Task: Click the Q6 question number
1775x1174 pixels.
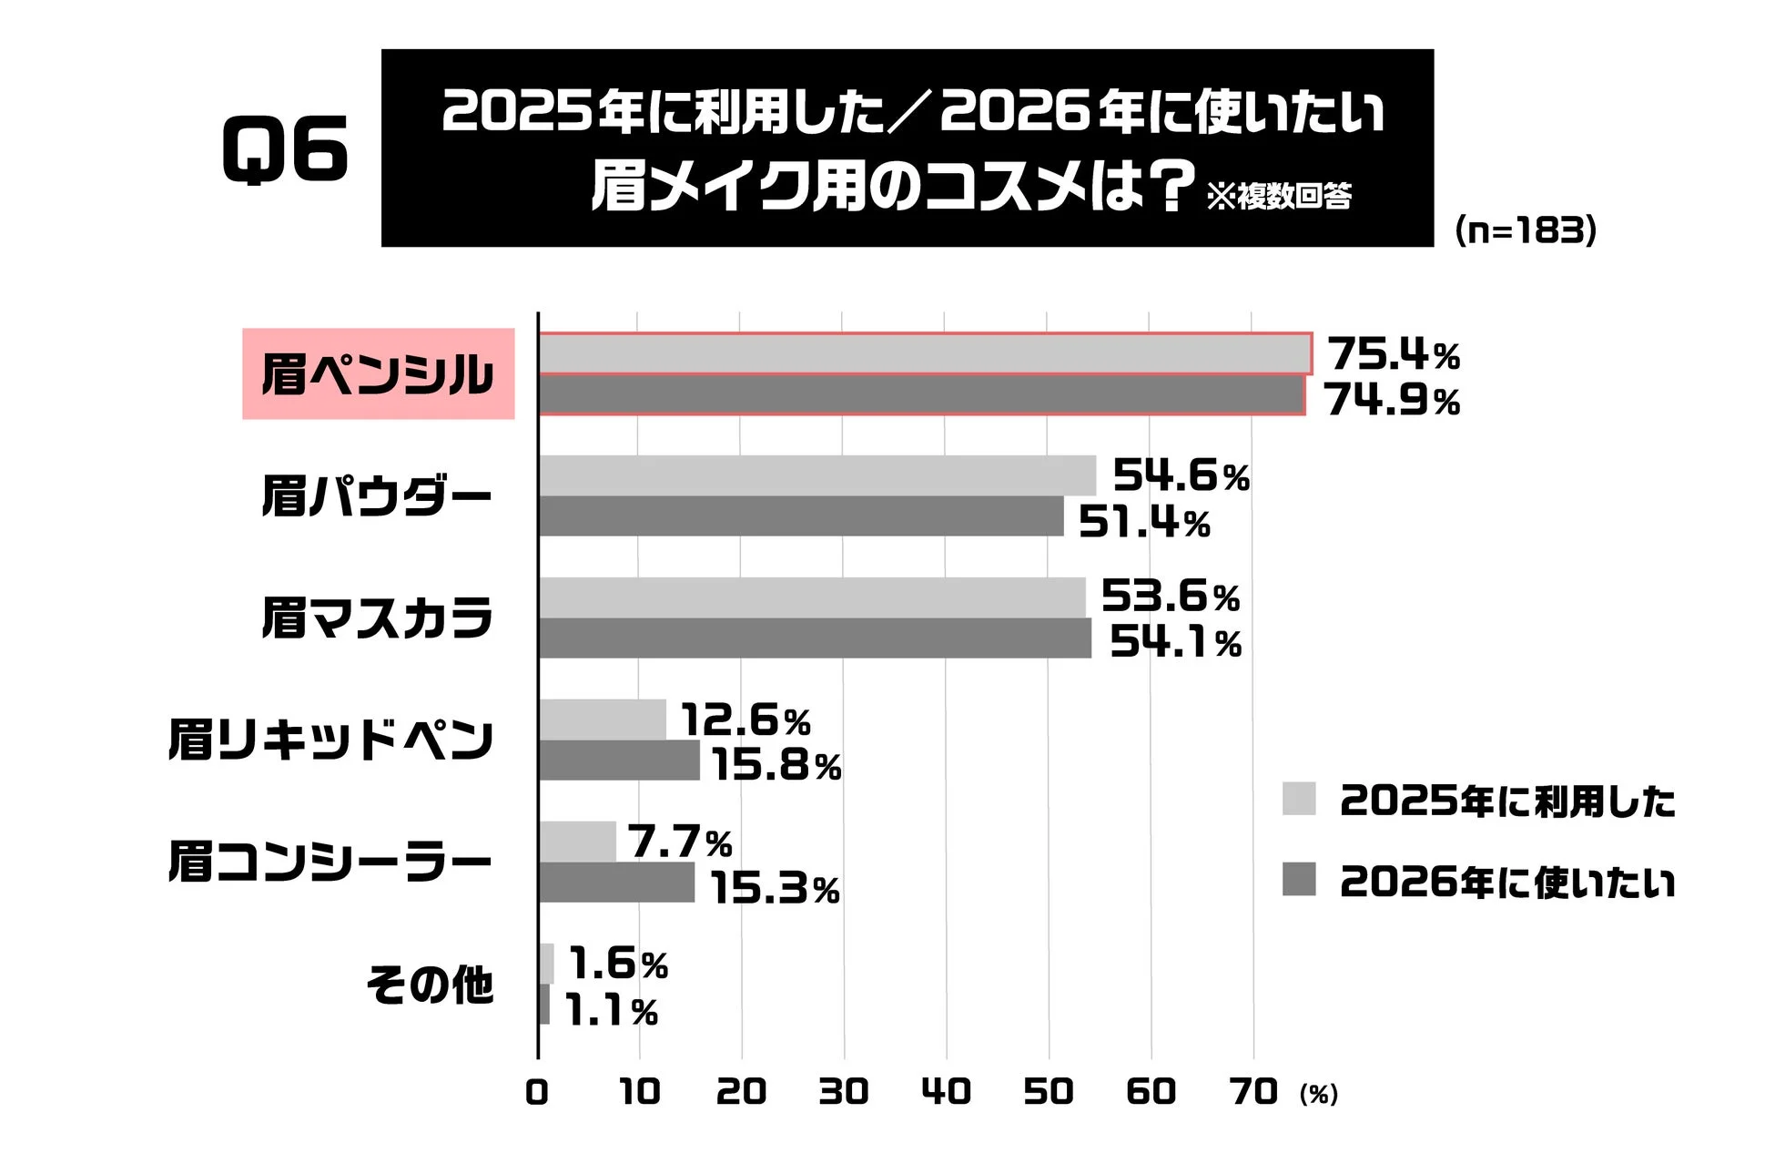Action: [285, 149]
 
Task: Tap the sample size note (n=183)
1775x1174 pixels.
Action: [1526, 230]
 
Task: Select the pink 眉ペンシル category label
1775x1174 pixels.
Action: [378, 373]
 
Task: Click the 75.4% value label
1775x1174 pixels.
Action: [1393, 353]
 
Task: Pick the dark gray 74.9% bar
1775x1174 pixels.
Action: [921, 395]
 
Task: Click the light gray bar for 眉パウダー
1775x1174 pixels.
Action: [816, 475]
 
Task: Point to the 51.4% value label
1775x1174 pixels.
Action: [1143, 522]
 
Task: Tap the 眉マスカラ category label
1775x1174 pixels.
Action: [377, 618]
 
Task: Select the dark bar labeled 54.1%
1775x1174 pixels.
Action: [815, 638]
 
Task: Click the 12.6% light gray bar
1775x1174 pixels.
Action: [603, 720]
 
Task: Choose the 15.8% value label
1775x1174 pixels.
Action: [776, 765]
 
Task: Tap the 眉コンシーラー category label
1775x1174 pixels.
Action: [330, 862]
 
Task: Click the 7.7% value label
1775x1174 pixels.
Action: [679, 842]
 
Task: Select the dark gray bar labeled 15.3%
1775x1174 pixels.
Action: [616, 883]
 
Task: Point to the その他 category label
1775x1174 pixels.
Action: [429, 985]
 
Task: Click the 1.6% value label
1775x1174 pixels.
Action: [618, 964]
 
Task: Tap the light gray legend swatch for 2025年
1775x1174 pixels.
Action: [1298, 799]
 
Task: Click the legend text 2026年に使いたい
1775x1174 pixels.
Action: [1506, 882]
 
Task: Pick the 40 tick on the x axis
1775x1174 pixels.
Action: [946, 1091]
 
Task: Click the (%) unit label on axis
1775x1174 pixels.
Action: [1318, 1094]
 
